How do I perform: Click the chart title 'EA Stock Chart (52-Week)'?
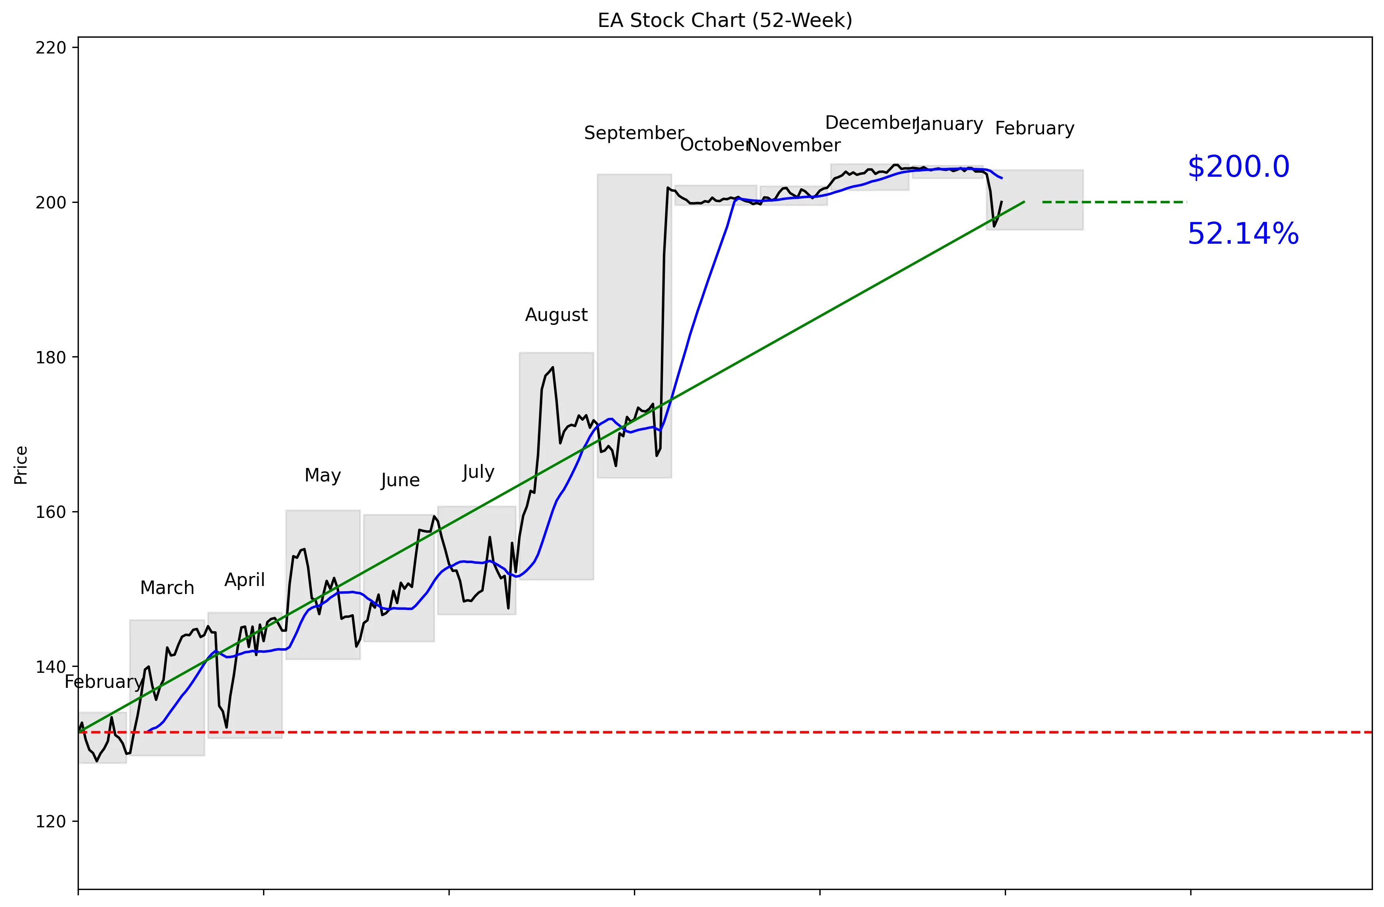[x=725, y=20]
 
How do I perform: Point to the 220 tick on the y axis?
[x=51, y=48]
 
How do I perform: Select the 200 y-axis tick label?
[x=51, y=202]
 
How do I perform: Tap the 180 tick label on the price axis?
[x=51, y=357]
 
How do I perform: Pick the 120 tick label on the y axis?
[x=51, y=821]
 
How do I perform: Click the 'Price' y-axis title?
[x=21, y=465]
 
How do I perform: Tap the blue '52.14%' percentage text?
[x=1243, y=234]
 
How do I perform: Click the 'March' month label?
[x=167, y=588]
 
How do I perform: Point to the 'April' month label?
[x=244, y=580]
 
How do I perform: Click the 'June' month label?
[x=400, y=480]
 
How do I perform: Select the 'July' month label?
[x=478, y=472]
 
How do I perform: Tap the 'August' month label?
[x=556, y=315]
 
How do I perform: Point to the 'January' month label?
[x=949, y=124]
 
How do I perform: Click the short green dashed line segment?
[x=1114, y=202]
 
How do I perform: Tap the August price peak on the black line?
[x=552, y=367]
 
